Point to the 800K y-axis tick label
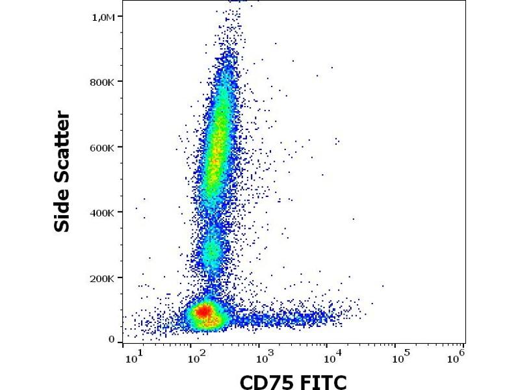tap(103, 82)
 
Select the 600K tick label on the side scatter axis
tap(103, 148)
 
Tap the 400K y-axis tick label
tap(103, 213)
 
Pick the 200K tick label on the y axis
tap(103, 278)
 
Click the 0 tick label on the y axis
tap(111, 339)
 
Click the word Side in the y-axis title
tap(62, 211)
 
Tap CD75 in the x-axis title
tap(266, 381)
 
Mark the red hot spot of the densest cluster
tap(203, 312)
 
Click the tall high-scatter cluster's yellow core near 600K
tap(217, 149)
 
